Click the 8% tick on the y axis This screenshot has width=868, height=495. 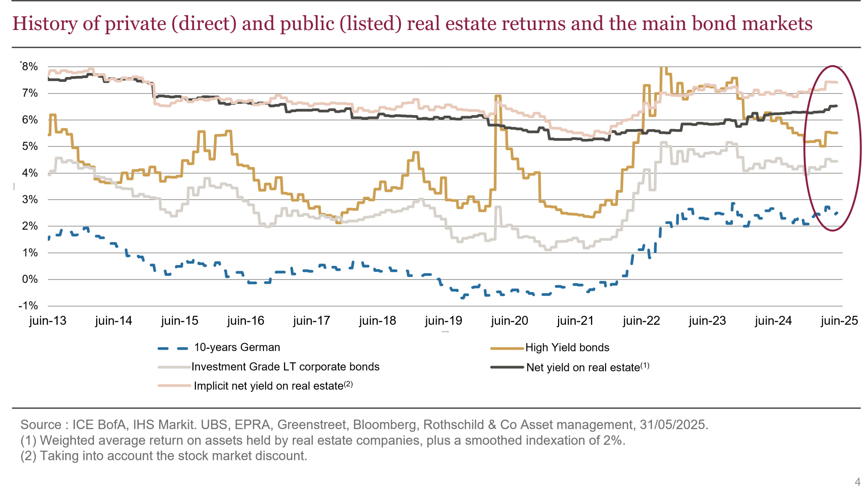tap(30, 67)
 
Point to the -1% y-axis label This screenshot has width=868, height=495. tap(28, 306)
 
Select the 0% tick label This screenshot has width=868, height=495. tap(30, 279)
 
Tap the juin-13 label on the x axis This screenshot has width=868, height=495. tap(48, 321)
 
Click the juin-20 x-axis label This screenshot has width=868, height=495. tap(509, 321)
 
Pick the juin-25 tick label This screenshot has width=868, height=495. tap(839, 321)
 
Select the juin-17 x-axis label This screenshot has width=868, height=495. tap(311, 321)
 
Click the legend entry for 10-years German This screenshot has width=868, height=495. tap(237, 347)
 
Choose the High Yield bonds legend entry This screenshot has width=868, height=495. tap(567, 348)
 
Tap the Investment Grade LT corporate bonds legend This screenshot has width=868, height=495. tap(285, 367)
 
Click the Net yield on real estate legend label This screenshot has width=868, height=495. tap(583, 368)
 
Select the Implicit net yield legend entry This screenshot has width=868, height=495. tap(268, 386)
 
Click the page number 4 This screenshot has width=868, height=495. tap(857, 482)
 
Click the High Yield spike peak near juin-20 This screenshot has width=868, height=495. tap(498, 96)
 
